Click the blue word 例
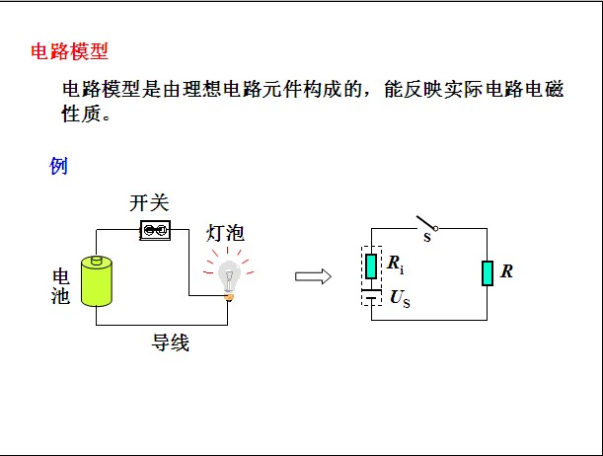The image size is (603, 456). coord(58,166)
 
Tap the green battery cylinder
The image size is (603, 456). coord(98,281)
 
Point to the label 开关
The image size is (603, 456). coord(150,204)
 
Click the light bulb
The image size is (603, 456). coord(229,271)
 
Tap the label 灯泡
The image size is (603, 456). coord(225,234)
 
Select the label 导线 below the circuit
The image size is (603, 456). coord(170,342)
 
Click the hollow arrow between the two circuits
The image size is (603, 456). coord(313,276)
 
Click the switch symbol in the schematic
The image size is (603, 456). coord(425,223)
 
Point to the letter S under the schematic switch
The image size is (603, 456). coord(427,238)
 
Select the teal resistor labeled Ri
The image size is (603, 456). coord(371,266)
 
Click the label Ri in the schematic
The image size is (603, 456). coord(395,265)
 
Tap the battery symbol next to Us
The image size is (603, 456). coord(371,295)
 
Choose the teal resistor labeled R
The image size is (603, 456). coord(487,272)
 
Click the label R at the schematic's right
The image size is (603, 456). coord(507,271)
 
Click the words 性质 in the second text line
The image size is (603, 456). coord(83,114)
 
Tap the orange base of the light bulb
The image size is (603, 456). coord(229,296)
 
